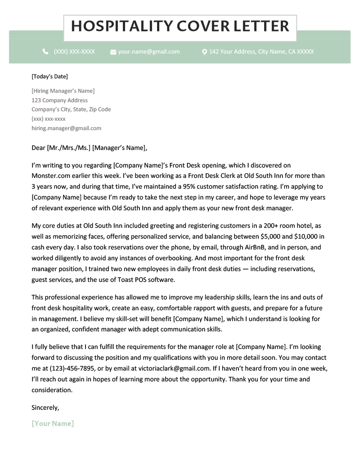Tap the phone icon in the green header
pyautogui.click(x=45, y=52)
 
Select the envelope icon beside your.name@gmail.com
pyautogui.click(x=113, y=52)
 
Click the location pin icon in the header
pyautogui.click(x=204, y=52)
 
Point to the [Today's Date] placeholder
pyautogui.click(x=49, y=77)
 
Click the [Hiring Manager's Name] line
pyautogui.click(x=63, y=91)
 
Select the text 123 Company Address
pyautogui.click(x=59, y=100)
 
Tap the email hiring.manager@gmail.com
pyautogui.click(x=66, y=128)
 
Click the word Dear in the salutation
pyautogui.click(x=39, y=147)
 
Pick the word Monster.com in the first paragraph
pyautogui.click(x=49, y=176)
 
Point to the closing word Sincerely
pyautogui.click(x=45, y=407)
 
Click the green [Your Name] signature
pyautogui.click(x=53, y=424)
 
